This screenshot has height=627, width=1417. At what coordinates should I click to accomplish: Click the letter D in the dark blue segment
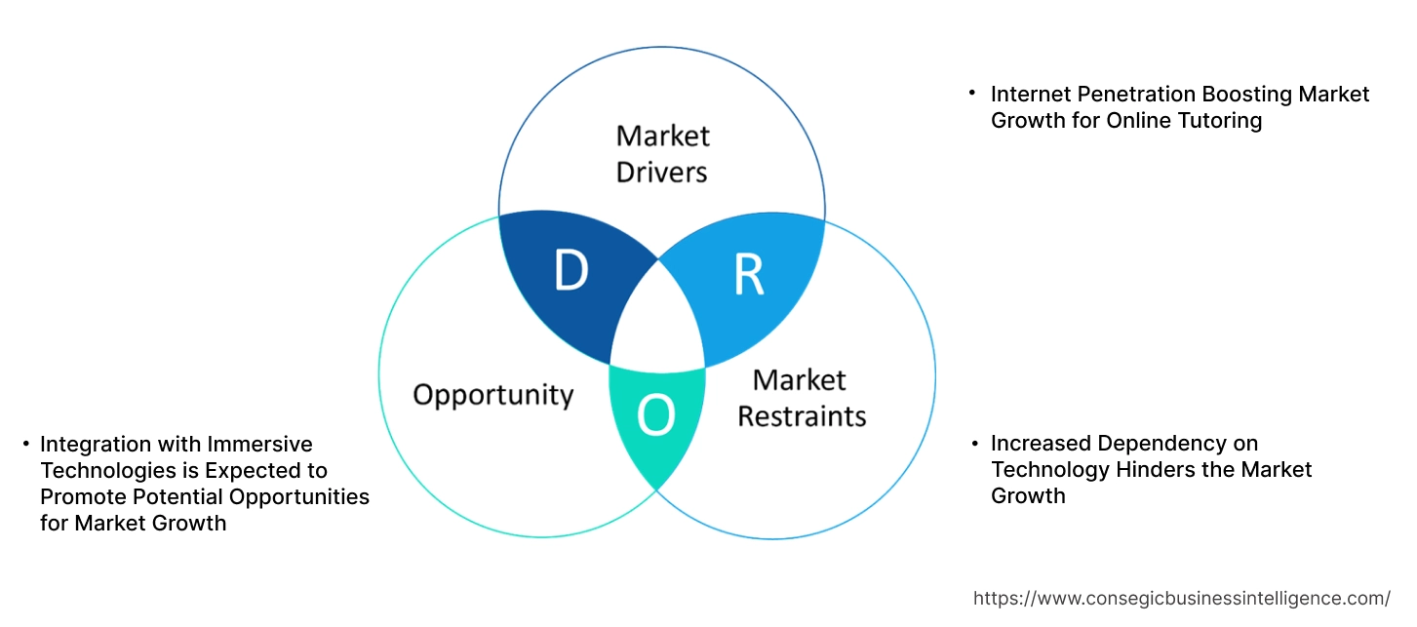[x=571, y=270]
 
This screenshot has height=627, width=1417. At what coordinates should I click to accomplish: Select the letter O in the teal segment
[x=655, y=415]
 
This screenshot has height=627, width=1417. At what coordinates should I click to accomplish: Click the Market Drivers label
[x=663, y=153]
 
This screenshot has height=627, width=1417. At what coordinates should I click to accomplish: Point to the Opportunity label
[x=492, y=395]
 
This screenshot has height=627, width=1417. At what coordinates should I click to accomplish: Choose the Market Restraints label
[x=801, y=398]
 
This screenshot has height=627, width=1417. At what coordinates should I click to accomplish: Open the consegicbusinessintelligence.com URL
[x=1182, y=599]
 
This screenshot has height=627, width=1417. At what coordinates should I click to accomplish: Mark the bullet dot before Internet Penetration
[x=972, y=93]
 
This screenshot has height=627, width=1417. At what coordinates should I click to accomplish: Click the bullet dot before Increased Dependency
[x=973, y=443]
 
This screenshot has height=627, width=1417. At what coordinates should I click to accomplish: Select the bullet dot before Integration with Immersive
[x=26, y=444]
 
